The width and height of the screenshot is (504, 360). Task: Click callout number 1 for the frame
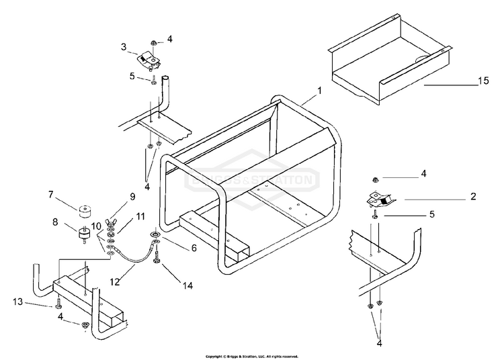tap(320, 89)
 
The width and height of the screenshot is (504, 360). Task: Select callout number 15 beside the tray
tap(482, 81)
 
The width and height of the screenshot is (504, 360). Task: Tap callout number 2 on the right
tap(473, 197)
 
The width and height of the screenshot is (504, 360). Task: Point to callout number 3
tap(124, 48)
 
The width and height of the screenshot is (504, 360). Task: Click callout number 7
tap(50, 194)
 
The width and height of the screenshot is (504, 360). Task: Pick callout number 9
tap(132, 196)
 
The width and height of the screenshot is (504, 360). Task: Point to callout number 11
tap(140, 216)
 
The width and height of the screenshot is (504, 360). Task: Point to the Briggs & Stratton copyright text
tap(251, 356)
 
